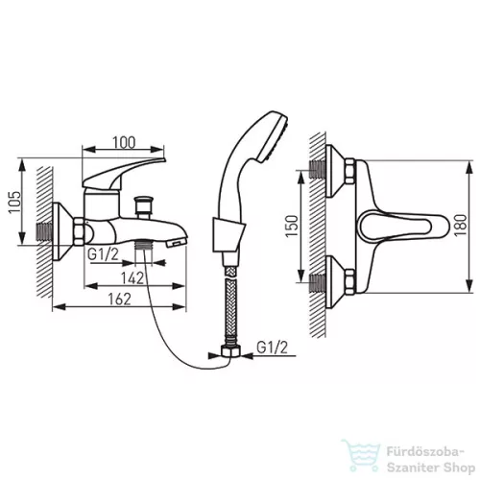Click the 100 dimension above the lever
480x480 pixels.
coord(124,143)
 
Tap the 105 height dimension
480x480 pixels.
coord(14,202)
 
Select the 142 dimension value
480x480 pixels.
coord(132,278)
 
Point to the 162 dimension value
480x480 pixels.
coord(119,300)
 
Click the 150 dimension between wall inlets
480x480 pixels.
coord(292,227)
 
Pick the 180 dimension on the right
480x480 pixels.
coord(461,226)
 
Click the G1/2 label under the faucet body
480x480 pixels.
coord(103,254)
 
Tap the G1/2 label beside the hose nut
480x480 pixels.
coord(273,348)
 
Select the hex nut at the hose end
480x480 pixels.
coord(230,351)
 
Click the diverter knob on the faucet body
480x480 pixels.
coord(143,205)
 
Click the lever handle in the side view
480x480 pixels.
coord(123,172)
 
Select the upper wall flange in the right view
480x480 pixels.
coord(334,171)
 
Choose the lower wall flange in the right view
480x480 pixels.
coord(334,282)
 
